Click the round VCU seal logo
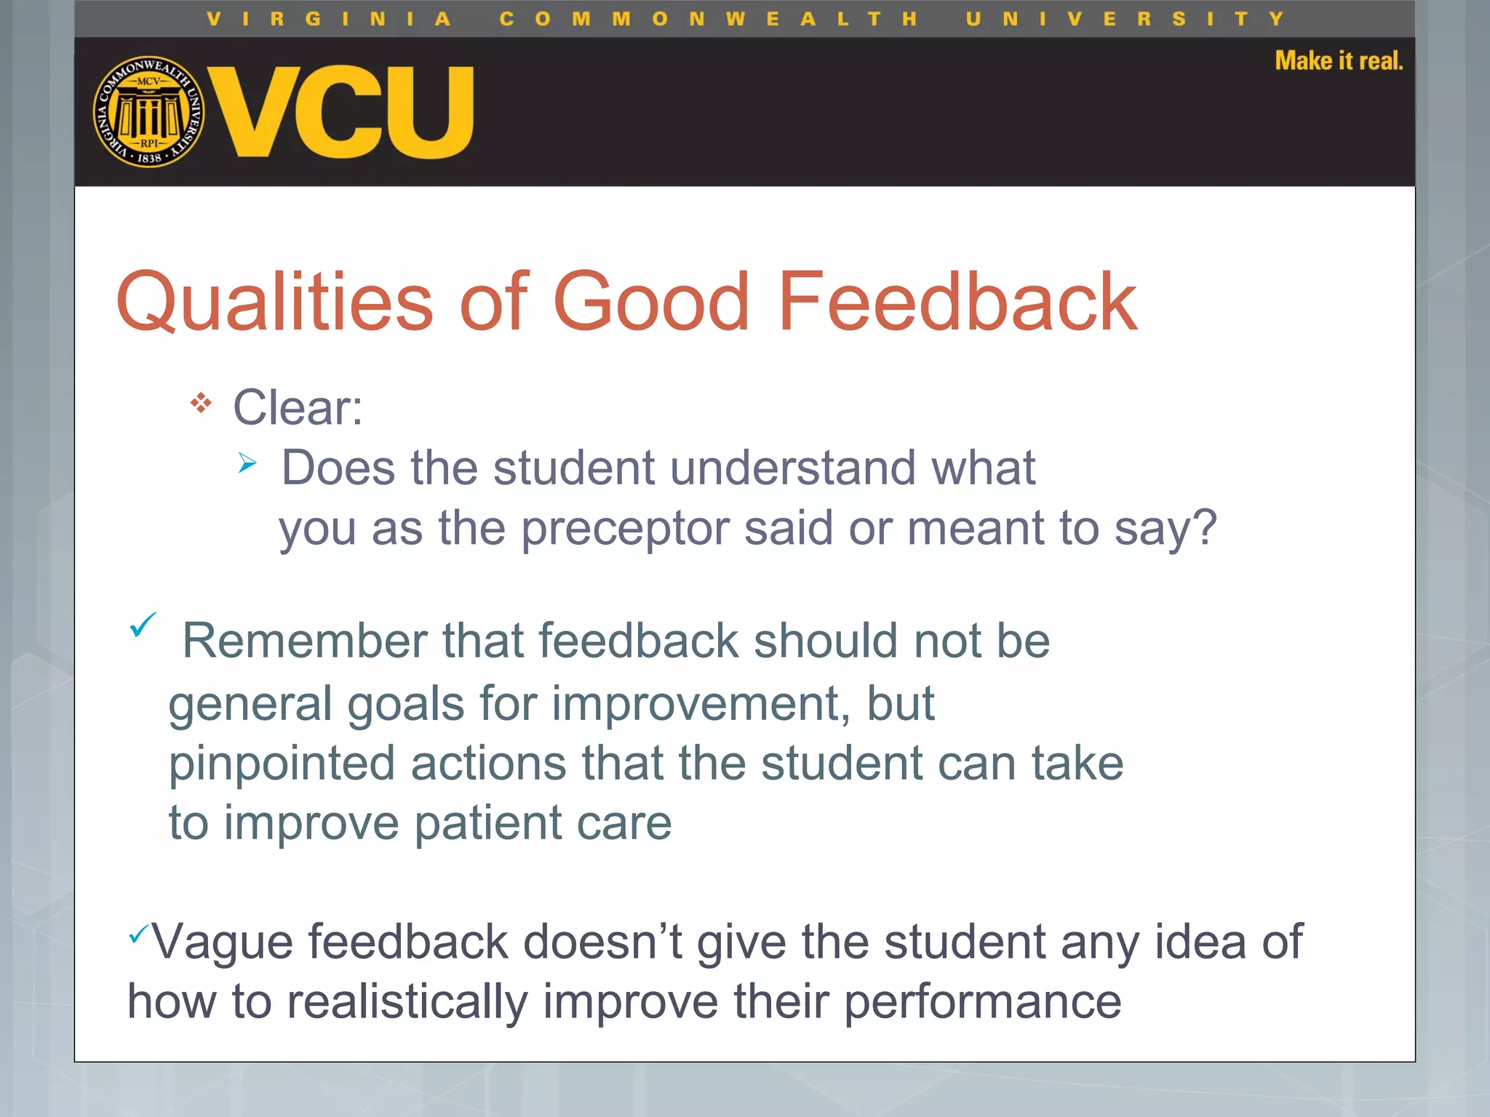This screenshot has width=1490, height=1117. point(149,111)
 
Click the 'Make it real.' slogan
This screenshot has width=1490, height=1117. point(1338,61)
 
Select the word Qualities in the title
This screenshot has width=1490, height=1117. point(275,302)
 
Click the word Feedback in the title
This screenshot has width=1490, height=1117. point(957,302)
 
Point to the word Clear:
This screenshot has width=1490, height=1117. point(298,407)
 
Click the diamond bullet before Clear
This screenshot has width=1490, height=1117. point(201,403)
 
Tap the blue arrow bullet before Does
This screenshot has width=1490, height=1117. point(247,463)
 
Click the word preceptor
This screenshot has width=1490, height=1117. point(624,529)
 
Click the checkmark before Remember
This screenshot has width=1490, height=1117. point(143,625)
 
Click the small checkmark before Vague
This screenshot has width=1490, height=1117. point(138,932)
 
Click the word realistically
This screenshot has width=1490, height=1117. point(407,1003)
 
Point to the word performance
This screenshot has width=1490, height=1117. point(982,1003)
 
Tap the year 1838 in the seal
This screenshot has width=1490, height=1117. point(149,157)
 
